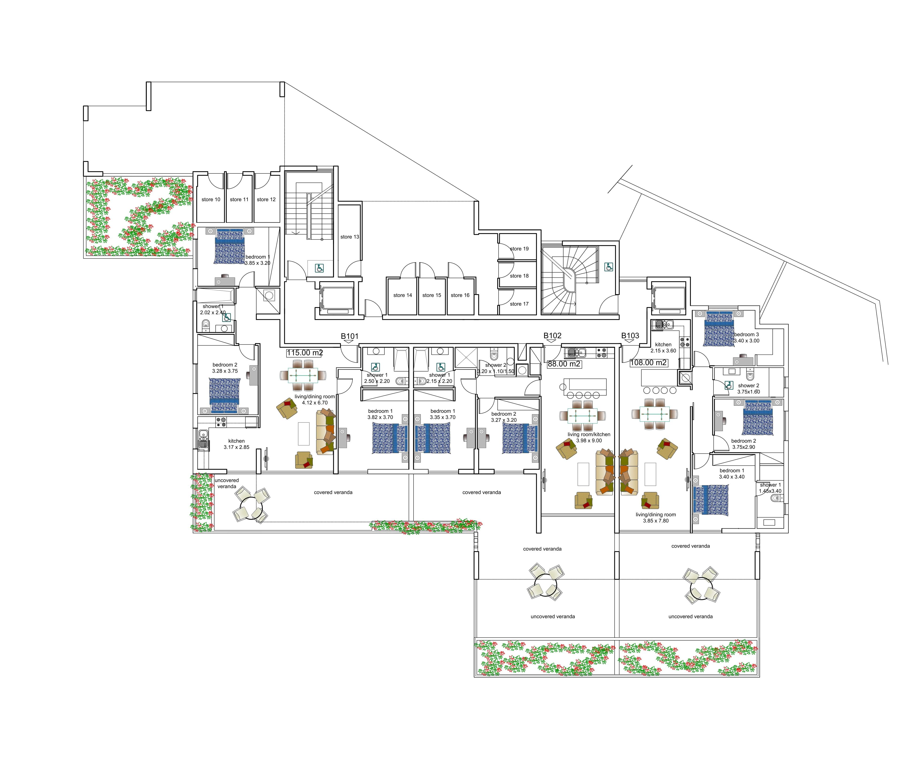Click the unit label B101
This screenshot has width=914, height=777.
[350, 336]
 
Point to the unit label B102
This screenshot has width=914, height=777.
[552, 336]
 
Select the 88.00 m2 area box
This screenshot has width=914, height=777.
[564, 364]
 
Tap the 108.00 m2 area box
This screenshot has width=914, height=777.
[648, 363]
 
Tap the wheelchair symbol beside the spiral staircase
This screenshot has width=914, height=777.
[609, 267]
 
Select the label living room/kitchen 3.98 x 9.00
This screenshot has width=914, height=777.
[589, 437]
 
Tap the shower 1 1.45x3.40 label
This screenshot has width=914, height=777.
[770, 488]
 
